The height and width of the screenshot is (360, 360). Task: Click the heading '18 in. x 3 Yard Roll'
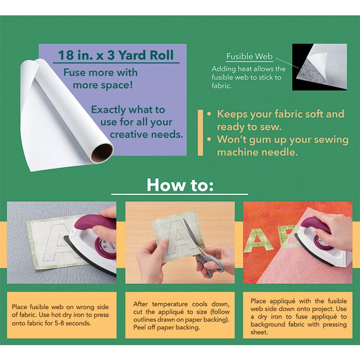tap(116, 55)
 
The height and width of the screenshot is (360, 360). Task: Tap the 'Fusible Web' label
tap(249, 57)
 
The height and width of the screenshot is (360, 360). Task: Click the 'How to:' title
tap(180, 185)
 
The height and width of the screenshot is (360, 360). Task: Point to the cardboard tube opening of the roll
tap(102, 153)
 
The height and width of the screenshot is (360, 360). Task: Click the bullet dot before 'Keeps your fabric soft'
tap(209, 114)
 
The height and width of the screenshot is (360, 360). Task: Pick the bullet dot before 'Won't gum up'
tap(209, 139)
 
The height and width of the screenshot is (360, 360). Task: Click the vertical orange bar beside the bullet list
tap(200, 132)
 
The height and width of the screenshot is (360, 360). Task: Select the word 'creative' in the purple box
tap(128, 134)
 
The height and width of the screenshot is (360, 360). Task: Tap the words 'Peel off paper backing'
tap(167, 327)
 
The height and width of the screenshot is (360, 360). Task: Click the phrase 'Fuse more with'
tap(101, 72)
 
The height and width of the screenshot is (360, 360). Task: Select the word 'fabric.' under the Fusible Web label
tap(221, 86)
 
